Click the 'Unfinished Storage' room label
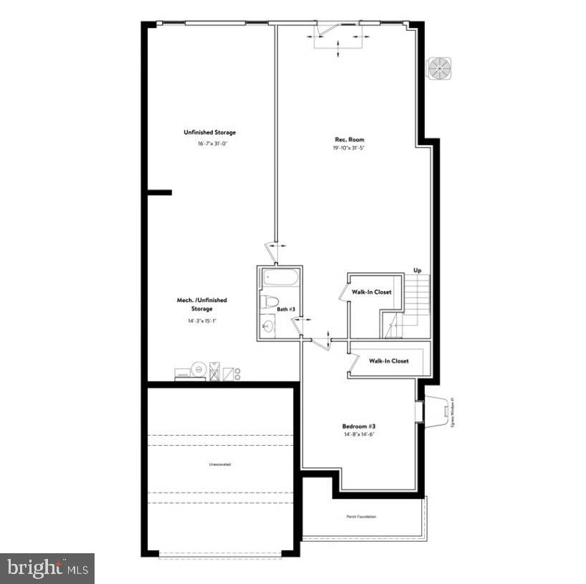click(x=209, y=132)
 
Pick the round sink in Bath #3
click(x=267, y=327)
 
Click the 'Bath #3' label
click(x=287, y=310)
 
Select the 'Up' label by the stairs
click(x=417, y=270)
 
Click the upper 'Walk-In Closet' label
click(x=371, y=292)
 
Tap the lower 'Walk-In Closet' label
click(x=389, y=361)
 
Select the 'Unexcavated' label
click(x=220, y=464)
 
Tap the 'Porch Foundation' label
click(x=361, y=516)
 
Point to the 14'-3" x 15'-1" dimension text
click(x=202, y=321)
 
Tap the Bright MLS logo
click(x=47, y=568)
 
